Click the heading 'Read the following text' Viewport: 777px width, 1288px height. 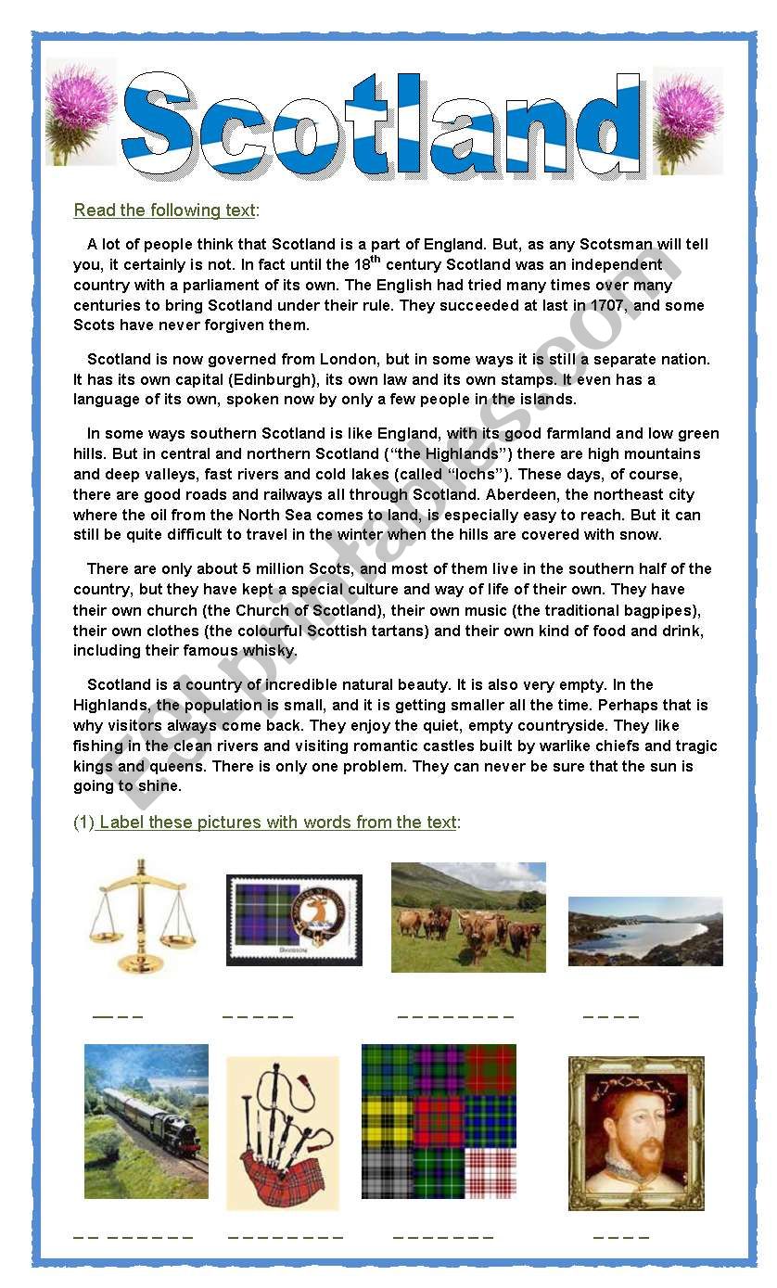pos(165,210)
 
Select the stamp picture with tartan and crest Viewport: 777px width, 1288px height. pos(294,920)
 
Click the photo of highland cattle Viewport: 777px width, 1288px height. pos(468,917)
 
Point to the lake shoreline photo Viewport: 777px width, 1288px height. pos(644,931)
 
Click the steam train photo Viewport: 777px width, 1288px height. pos(146,1121)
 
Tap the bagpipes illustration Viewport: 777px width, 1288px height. pos(282,1133)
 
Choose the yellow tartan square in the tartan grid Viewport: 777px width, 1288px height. pos(387,1121)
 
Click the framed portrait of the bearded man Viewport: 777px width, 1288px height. pos(635,1133)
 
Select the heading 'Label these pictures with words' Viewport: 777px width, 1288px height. pos(277,823)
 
